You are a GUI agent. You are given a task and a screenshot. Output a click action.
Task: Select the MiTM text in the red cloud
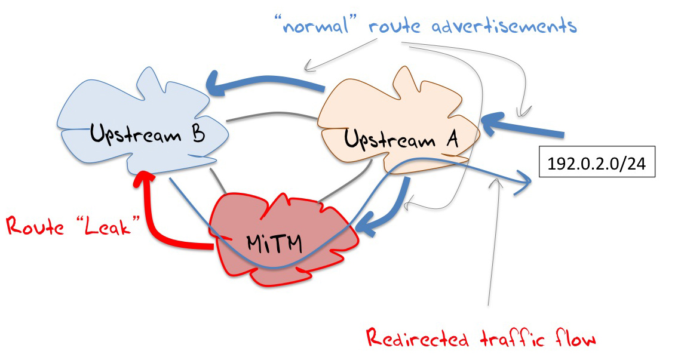[274, 242]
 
